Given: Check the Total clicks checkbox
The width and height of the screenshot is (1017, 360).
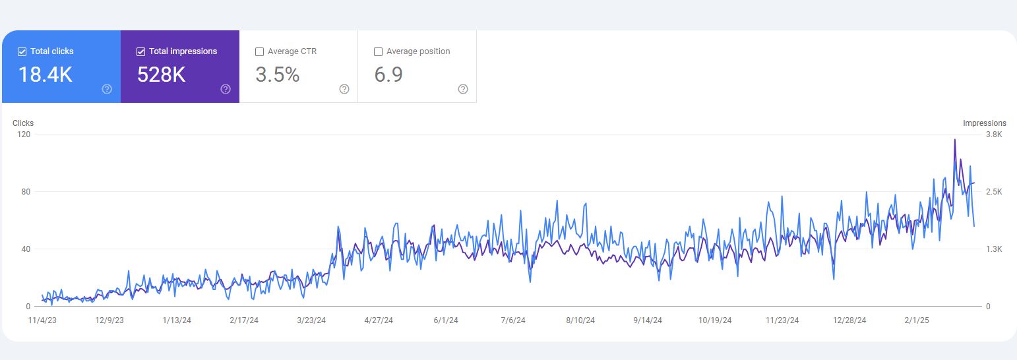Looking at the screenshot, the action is (22, 51).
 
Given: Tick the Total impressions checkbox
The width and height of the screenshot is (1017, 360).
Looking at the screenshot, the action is (140, 51).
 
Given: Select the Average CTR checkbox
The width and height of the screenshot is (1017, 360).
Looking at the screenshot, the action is (260, 51).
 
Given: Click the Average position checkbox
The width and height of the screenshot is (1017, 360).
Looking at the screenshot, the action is (378, 51).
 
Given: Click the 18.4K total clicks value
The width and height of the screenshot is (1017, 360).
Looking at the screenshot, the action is (46, 75).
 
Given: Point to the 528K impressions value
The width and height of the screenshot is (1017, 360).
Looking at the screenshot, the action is (161, 75).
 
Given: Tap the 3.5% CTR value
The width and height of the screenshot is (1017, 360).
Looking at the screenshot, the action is (278, 75).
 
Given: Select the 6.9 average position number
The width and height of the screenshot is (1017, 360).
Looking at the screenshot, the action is (388, 75).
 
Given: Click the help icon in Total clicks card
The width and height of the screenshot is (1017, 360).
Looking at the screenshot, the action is (107, 89).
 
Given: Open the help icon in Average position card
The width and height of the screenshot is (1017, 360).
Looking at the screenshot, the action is (462, 89).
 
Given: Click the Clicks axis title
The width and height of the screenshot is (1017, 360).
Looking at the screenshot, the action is (23, 123).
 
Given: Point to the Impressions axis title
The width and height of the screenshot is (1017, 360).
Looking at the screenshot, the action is (984, 123).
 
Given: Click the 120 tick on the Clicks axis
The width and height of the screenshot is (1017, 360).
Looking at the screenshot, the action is (24, 135).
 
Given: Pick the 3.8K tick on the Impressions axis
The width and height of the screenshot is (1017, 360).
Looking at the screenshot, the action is (994, 135).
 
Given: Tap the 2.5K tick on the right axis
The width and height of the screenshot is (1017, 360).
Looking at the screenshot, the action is (994, 192).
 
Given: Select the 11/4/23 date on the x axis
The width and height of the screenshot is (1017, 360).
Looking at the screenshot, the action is (42, 320).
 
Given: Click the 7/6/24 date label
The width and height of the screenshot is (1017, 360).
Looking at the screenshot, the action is (513, 320).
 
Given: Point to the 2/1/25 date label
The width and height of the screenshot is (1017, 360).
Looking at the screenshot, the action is (917, 320).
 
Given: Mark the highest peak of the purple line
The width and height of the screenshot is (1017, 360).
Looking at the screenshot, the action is (954, 139).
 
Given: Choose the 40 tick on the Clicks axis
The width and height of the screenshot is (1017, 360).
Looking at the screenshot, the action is (26, 249).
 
